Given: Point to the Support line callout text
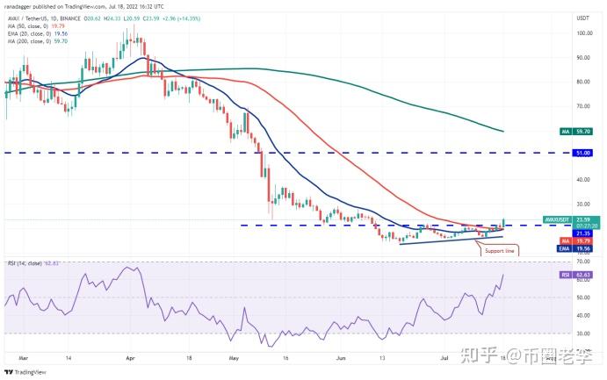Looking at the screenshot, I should (x=498, y=251).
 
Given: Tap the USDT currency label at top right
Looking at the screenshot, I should (x=581, y=17).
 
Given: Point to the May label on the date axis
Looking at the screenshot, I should (x=233, y=358).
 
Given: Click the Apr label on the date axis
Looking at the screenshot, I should (x=130, y=358).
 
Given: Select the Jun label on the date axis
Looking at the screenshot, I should (x=337, y=358).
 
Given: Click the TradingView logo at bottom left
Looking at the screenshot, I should (x=26, y=371).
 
